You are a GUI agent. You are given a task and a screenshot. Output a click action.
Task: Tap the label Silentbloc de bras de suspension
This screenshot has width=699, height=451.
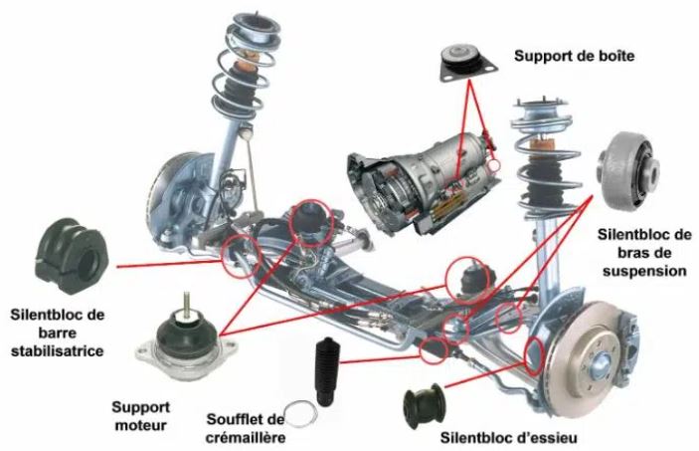point(643,252)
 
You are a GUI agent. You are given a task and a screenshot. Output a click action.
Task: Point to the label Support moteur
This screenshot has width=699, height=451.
point(140,416)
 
